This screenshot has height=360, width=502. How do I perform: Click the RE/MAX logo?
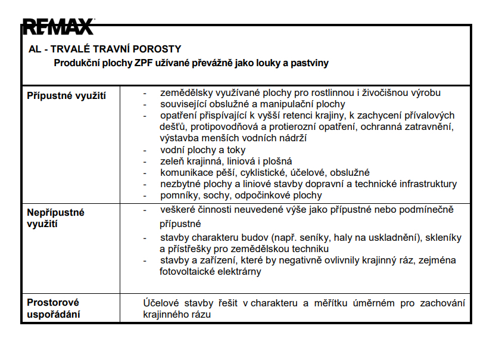[x=58, y=27]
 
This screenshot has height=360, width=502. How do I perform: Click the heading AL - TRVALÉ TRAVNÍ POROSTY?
[x=104, y=49]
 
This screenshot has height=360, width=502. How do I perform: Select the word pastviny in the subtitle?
[x=310, y=63]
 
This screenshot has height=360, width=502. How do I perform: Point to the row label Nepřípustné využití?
[x=56, y=218]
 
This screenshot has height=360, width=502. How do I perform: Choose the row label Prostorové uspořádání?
[x=54, y=309]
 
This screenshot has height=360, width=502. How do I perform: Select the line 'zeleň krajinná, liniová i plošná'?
[x=226, y=162]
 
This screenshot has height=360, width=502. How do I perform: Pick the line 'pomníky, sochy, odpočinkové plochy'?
[x=241, y=195]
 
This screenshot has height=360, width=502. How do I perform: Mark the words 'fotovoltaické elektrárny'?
[x=210, y=272]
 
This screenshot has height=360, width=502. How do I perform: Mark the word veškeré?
[x=177, y=209]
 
